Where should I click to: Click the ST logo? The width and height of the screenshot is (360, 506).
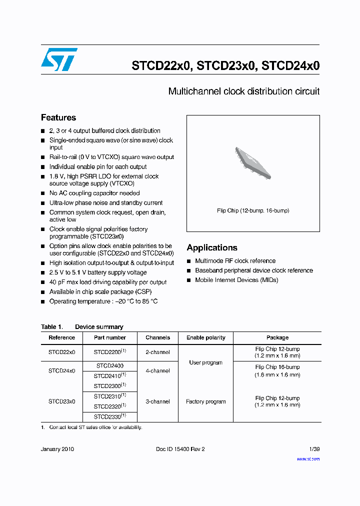coord(59,59)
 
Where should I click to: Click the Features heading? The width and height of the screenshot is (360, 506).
coord(58,118)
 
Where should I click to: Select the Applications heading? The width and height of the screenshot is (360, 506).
coord(212,248)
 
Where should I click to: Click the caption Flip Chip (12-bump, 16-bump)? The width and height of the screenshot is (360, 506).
coord(253,210)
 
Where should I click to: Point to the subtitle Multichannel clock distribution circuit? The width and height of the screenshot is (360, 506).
coord(243,91)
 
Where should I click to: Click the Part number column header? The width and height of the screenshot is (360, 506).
coord(110,337)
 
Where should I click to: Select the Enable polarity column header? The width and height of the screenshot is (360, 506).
coord(205,337)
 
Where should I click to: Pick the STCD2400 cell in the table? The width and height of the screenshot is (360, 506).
coord(110,366)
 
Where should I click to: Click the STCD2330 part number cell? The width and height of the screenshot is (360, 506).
coord(110,416)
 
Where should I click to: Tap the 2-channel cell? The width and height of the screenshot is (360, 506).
coord(157,352)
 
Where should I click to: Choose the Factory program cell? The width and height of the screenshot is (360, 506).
coord(205,401)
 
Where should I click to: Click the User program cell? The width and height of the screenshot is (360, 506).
coord(205,362)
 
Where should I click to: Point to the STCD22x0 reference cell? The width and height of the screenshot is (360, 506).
coord(61,352)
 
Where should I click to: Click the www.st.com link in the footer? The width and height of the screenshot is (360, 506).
coord(308,458)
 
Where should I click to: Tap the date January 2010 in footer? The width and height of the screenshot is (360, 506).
coord(57,449)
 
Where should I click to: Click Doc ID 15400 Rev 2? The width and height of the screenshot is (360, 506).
coord(180,449)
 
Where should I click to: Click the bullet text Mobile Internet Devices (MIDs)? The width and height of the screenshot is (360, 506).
coord(236,280)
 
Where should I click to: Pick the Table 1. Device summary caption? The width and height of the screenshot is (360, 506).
coord(82,327)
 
